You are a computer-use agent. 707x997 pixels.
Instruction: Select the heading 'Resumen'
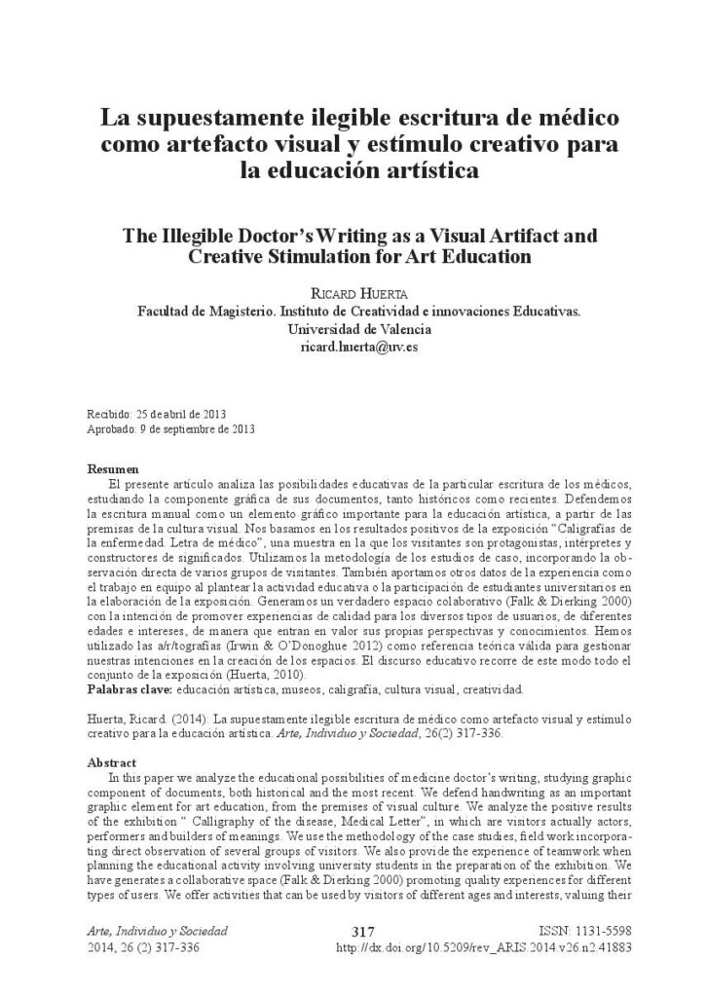[113, 469]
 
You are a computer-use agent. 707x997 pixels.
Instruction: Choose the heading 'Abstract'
[113, 763]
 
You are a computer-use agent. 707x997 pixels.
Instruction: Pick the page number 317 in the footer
[361, 933]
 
